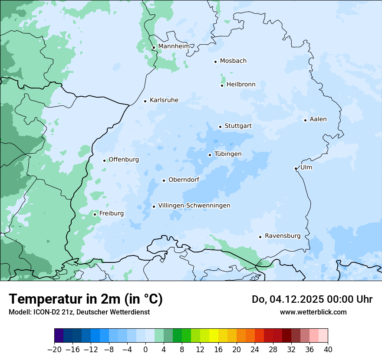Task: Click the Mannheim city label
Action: click(x=174, y=46)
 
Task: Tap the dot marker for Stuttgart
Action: click(x=220, y=127)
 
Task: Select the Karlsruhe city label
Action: click(x=164, y=100)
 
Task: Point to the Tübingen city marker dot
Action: click(x=210, y=155)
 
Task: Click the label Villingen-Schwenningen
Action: click(x=194, y=206)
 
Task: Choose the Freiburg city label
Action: click(x=111, y=213)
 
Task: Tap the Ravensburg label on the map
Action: click(x=282, y=236)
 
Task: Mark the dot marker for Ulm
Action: click(x=296, y=168)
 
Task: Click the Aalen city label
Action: click(x=318, y=119)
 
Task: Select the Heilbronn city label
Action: click(x=241, y=85)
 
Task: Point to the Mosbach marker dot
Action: click(x=215, y=62)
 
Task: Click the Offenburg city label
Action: click(x=123, y=160)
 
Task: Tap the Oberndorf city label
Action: click(x=184, y=180)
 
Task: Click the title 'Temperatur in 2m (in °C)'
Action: click(x=86, y=299)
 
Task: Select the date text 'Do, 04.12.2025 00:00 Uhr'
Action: click(x=312, y=299)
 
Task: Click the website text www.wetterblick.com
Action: click(x=313, y=312)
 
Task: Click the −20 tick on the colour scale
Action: click(x=54, y=350)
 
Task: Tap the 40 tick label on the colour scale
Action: click(x=328, y=350)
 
